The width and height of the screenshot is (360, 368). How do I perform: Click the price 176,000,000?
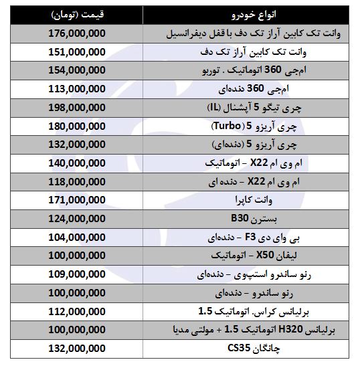coord(78,33)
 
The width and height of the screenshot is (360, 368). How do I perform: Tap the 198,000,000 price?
coord(78,107)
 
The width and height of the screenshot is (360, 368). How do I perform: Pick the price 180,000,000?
coord(78,126)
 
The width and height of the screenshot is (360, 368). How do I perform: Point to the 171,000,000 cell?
coord(78,200)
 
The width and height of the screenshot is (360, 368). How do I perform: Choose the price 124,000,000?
coord(78,219)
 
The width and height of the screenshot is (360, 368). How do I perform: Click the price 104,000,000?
coord(78,237)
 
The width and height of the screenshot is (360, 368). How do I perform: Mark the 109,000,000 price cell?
coord(78,274)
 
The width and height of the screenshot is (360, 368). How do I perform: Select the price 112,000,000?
coord(78,311)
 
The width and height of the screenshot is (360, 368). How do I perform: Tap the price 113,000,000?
coord(78,88)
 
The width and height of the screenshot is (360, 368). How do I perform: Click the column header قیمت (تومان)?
coord(78,14)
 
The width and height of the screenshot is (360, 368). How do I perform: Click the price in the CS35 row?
coord(78,349)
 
